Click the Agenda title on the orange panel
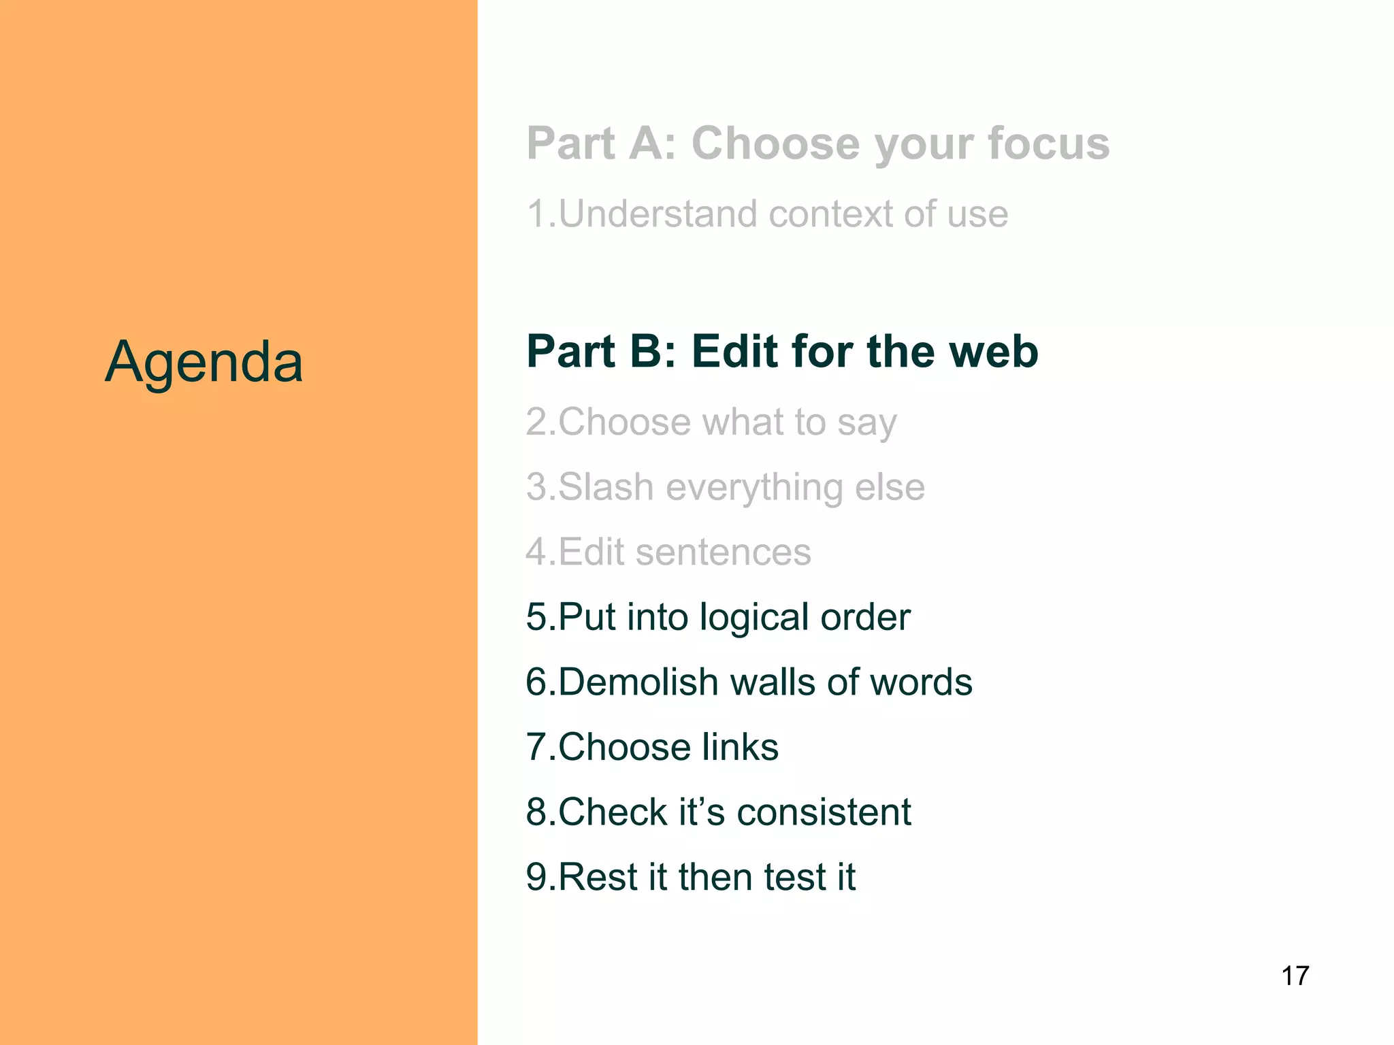[x=204, y=362]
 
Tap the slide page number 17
[x=1295, y=976]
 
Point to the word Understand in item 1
[x=658, y=214]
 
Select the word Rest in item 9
[x=598, y=877]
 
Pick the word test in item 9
[x=792, y=877]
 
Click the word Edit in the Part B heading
[x=735, y=352]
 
